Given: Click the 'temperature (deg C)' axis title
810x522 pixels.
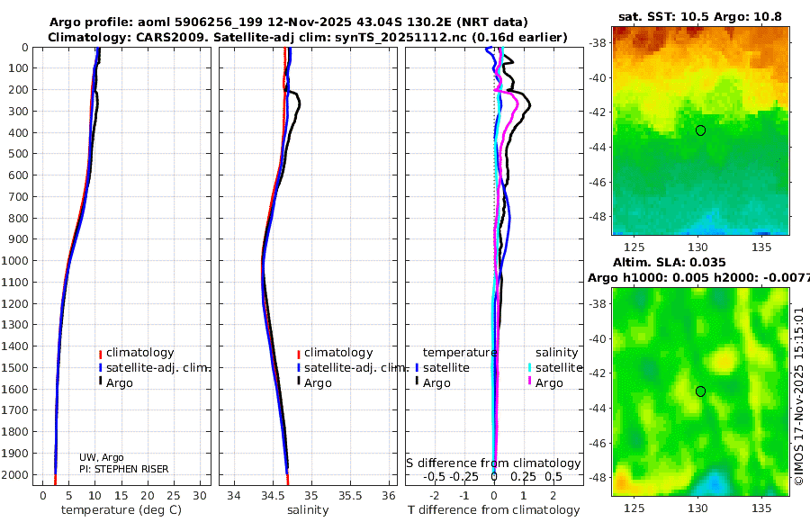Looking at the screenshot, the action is tap(121, 510).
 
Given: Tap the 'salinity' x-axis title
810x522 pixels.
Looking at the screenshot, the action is tap(308, 510).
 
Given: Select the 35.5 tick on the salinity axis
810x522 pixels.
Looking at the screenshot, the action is tap(350, 496).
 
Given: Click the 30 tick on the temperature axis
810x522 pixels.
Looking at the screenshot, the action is tap(200, 496).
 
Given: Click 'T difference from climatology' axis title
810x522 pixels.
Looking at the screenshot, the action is tap(494, 510).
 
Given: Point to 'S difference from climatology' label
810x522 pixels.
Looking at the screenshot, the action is tap(494, 463).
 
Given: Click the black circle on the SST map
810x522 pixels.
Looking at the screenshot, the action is tap(700, 130).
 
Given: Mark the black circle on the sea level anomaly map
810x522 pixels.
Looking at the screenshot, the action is tap(700, 391).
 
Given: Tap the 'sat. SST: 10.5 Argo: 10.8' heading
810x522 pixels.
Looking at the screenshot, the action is tap(700, 16).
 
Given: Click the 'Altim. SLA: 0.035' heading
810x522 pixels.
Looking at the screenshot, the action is tap(670, 263).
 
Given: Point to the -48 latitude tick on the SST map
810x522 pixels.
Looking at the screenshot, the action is tap(598, 217).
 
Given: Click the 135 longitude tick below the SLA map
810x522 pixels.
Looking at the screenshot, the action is tap(761, 508).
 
